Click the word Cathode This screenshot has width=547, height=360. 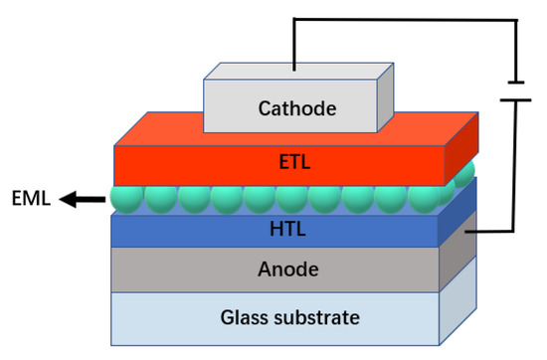pyautogui.click(x=297, y=107)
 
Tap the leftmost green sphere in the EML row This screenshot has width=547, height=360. pyautogui.click(x=127, y=198)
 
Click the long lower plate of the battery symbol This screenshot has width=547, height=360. pyautogui.click(x=514, y=99)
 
